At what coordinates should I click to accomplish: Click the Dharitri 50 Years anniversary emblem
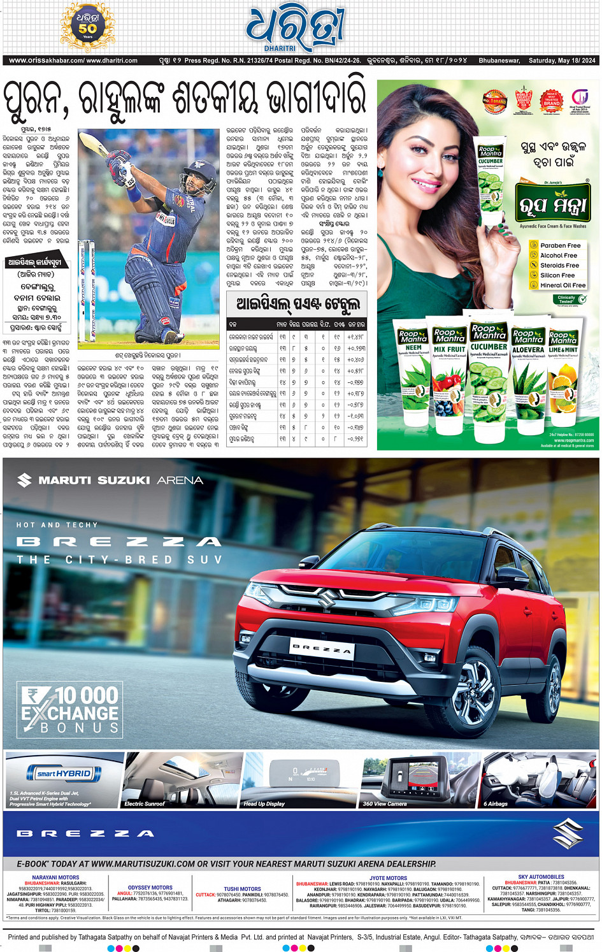point(87,27)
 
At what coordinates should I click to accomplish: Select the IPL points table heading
point(297,304)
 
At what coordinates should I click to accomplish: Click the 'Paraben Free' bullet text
point(560,245)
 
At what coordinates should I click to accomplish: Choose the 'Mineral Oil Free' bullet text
point(563,285)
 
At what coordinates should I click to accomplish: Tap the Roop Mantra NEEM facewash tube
point(413,377)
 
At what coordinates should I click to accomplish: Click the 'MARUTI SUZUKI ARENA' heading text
point(120,480)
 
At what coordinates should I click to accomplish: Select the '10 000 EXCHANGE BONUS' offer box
point(70,709)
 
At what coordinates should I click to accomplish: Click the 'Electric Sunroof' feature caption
point(145,804)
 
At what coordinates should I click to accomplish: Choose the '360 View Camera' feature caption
point(385,804)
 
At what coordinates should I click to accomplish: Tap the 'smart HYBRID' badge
point(64,774)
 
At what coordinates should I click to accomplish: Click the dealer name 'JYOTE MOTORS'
point(388,878)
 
